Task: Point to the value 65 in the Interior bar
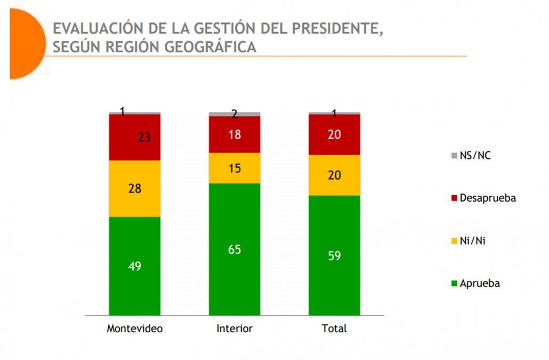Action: pos(235,249)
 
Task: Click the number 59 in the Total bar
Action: pos(334,255)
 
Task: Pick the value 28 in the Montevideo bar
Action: pos(135,188)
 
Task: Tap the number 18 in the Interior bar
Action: pos(235,134)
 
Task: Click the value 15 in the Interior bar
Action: pos(235,169)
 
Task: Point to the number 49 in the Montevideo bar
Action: pos(135,266)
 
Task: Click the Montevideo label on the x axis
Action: pos(135,329)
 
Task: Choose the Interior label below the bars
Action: pos(235,329)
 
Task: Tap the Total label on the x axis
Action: pos(334,329)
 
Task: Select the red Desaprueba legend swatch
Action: pos(454,198)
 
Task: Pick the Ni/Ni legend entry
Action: pos(469,241)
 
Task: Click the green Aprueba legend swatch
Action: pos(454,284)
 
